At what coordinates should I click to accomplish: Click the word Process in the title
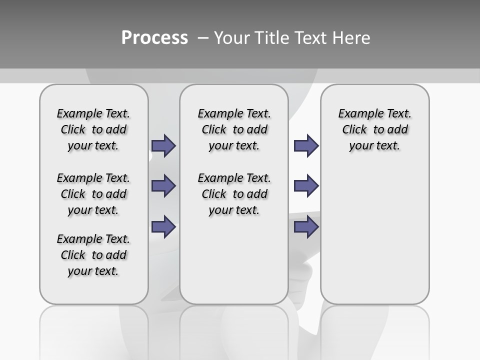pyautogui.click(x=154, y=38)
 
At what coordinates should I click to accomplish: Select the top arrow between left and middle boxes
pyautogui.click(x=163, y=145)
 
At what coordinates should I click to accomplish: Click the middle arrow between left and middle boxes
pyautogui.click(x=163, y=186)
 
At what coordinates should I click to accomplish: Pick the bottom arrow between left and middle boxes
pyautogui.click(x=163, y=226)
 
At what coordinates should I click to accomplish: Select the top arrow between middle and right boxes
pyautogui.click(x=306, y=145)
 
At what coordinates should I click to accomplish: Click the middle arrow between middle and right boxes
pyautogui.click(x=306, y=186)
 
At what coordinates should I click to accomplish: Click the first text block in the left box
pyautogui.click(x=93, y=129)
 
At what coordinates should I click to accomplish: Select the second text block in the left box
pyautogui.click(x=93, y=194)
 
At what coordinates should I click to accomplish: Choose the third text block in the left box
pyautogui.click(x=93, y=255)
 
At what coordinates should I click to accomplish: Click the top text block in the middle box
pyautogui.click(x=234, y=129)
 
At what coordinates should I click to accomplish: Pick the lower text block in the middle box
pyautogui.click(x=234, y=194)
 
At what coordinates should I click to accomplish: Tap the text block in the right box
pyautogui.click(x=374, y=129)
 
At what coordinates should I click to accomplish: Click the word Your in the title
pyautogui.click(x=232, y=38)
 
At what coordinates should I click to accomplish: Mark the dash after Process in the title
pyautogui.click(x=203, y=38)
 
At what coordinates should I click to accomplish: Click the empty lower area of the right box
pyautogui.click(x=374, y=235)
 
